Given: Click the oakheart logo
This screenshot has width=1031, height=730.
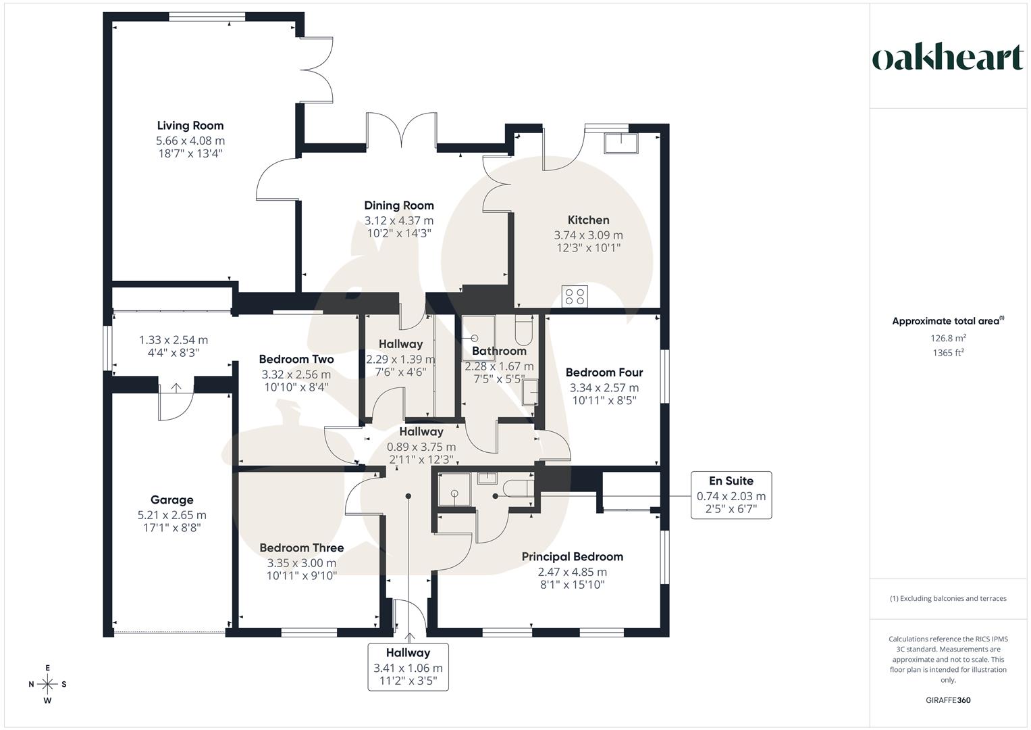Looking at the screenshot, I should click(x=947, y=58).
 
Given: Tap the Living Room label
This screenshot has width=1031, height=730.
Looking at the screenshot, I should click(x=190, y=126).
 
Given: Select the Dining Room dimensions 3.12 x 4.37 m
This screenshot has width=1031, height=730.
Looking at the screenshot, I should click(x=399, y=220).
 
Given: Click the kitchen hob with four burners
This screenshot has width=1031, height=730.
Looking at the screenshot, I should click(x=575, y=296).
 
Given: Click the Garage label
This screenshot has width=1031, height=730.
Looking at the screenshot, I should click(x=171, y=500).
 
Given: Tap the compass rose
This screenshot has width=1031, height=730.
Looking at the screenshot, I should click(x=47, y=684).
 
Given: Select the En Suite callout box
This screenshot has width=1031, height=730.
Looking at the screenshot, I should click(x=731, y=495).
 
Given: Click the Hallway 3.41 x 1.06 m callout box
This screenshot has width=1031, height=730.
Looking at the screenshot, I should click(x=408, y=666).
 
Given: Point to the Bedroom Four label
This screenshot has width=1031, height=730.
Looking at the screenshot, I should click(x=604, y=372).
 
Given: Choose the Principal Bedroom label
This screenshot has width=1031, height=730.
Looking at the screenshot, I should click(x=572, y=557).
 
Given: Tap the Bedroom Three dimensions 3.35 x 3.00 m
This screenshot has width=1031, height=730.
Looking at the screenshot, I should click(x=302, y=562).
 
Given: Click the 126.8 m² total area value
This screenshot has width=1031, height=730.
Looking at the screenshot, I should click(x=948, y=339).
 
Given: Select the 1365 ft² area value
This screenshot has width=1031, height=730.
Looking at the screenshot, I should click(x=948, y=352).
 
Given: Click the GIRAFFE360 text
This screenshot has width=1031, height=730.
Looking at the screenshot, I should click(x=948, y=700).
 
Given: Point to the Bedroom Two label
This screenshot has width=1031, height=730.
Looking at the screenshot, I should click(x=296, y=360).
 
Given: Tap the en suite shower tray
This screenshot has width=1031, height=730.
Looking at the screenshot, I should click(x=454, y=489).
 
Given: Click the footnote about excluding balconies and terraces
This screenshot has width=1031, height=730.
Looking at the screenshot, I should click(x=948, y=598).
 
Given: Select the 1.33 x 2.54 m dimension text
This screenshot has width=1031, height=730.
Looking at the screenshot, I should click(x=174, y=340).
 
